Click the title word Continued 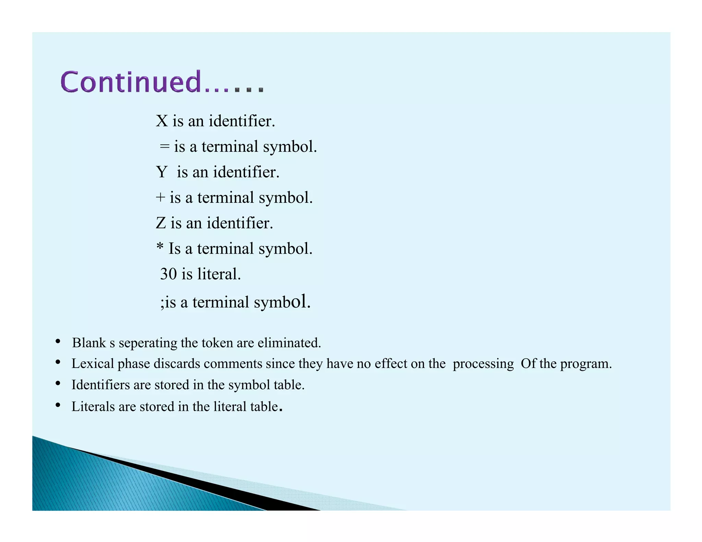click(130, 82)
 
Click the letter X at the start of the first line click(161, 121)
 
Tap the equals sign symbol click(165, 147)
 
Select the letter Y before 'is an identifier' click(161, 172)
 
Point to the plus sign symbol click(160, 198)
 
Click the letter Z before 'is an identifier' click(161, 223)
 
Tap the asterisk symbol click(160, 247)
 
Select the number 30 click(168, 274)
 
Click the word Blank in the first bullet click(89, 343)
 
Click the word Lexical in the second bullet click(93, 364)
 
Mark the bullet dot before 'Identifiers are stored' click(58, 384)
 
